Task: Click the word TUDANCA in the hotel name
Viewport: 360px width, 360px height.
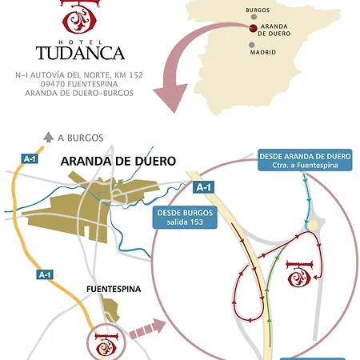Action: coord(80,53)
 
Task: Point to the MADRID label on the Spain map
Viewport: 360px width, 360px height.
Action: coord(262,52)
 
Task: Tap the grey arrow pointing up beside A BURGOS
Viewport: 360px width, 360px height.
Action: coord(48,137)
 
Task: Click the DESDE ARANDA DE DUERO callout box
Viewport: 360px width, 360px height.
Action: coord(304,159)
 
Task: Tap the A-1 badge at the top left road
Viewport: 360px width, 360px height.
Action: coord(30,159)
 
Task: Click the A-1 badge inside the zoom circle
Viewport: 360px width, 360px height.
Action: coord(203,187)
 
